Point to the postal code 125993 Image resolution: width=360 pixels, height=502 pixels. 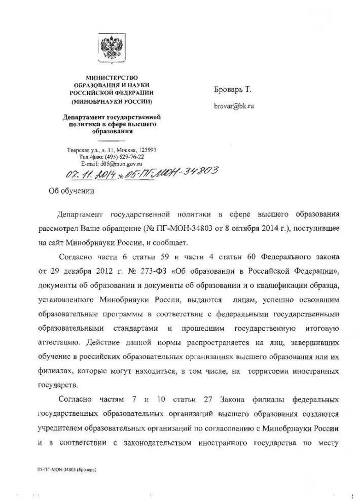tap(145, 150)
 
